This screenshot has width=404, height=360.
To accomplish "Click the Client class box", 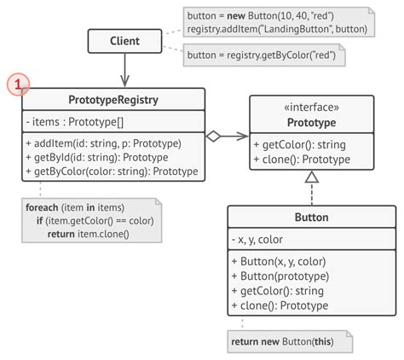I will (x=125, y=41).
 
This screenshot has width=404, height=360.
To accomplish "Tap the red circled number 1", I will (x=19, y=86).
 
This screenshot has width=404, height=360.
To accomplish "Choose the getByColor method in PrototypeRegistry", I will (x=111, y=171).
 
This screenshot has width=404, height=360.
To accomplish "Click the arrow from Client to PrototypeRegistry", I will (x=125, y=68).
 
